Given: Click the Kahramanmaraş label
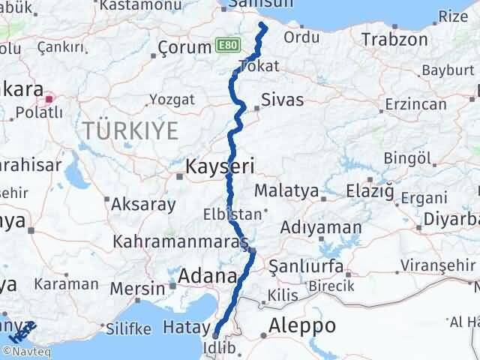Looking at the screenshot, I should pos(180,242).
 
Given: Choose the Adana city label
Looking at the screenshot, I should pos(208,276).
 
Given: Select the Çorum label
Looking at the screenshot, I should pos(184,48).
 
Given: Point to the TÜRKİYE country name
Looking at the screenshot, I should pos(130,131).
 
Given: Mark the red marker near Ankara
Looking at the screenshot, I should pos(49,97).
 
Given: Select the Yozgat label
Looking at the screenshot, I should pos(172,99).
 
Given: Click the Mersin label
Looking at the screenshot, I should pos(137,288).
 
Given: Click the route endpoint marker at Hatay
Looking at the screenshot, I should pos(216,334).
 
